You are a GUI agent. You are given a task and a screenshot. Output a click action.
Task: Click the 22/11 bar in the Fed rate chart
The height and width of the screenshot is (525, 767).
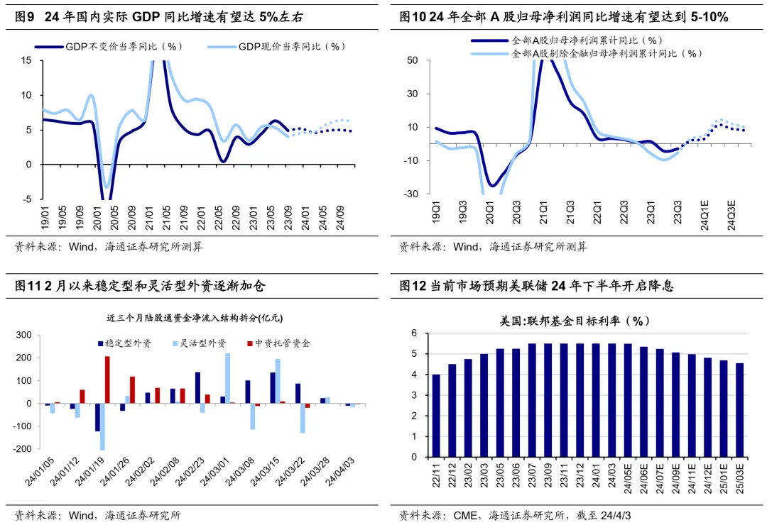click(435, 416)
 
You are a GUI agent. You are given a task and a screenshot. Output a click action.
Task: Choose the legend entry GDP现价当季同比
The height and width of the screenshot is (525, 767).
click(291, 47)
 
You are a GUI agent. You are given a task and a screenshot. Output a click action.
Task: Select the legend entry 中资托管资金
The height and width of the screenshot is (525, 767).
click(282, 343)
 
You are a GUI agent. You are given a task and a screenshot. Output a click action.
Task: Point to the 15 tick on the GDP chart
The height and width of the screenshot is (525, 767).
click(26, 60)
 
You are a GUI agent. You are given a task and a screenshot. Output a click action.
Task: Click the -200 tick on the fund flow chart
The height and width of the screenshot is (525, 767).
click(23, 449)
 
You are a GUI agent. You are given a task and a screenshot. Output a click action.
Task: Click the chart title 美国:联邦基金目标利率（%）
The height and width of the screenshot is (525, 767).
click(575, 321)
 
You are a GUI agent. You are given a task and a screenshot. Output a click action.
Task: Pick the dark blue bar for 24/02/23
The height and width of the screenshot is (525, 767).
click(197, 387)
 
